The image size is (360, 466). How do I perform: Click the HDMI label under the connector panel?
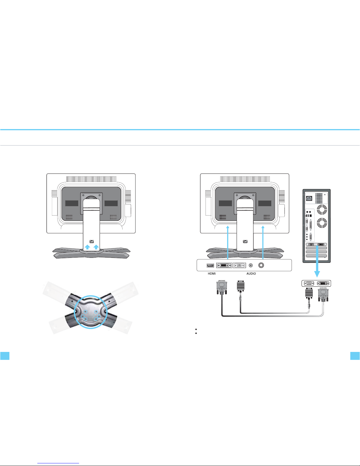(212, 273)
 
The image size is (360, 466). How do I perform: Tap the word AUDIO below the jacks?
(251, 273)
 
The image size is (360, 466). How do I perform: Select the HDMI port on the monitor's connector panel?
(210, 265)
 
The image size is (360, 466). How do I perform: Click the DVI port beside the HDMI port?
(224, 265)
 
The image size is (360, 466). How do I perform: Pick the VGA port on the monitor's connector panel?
(240, 265)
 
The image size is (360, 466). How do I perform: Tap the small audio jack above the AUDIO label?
(251, 265)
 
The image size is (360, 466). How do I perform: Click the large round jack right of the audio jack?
(261, 265)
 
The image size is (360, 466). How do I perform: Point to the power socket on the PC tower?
(309, 198)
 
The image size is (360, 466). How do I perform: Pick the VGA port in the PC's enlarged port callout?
(309, 283)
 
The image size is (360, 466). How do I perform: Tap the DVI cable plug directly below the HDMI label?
(222, 288)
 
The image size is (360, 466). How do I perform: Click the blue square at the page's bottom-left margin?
(5, 356)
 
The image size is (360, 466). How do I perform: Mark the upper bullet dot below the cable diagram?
(196, 329)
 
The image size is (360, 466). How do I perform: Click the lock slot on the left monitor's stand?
(91, 241)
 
